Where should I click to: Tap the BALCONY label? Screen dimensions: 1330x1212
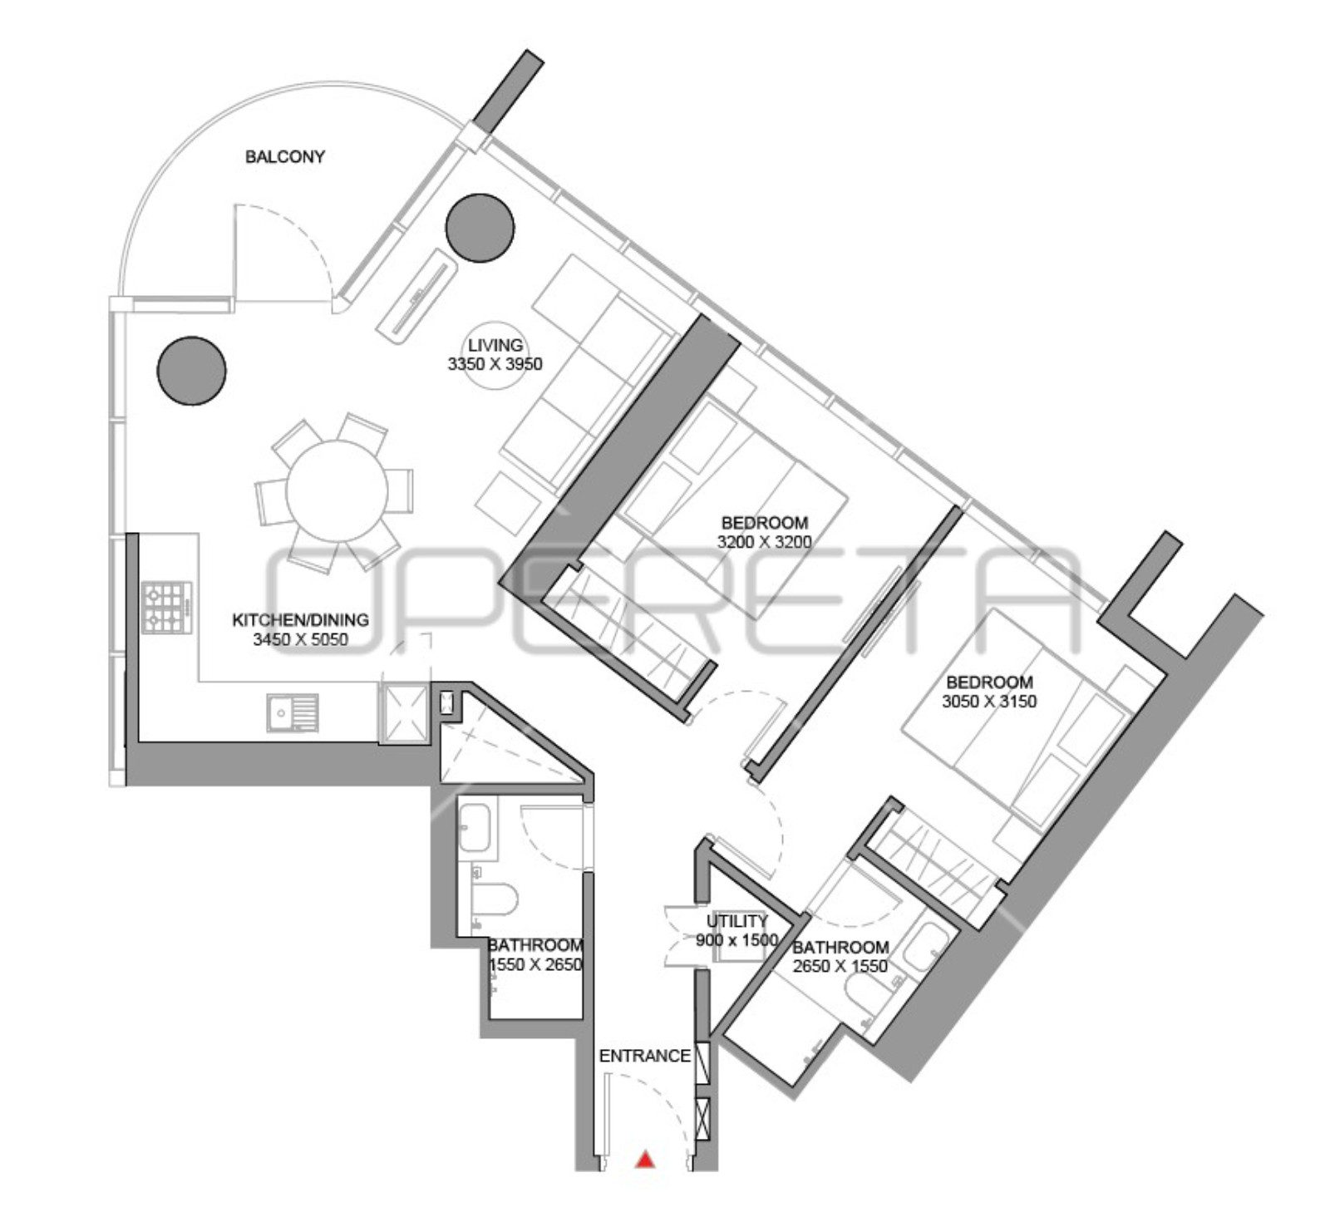click(x=285, y=156)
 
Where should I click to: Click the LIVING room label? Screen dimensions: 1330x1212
click(x=495, y=345)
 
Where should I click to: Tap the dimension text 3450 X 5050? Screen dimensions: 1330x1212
click(x=300, y=639)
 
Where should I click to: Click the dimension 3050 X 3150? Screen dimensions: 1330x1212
click(x=989, y=701)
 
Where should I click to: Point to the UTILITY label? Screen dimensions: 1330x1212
click(x=736, y=921)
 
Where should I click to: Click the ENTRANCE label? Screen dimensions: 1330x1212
click(x=645, y=1056)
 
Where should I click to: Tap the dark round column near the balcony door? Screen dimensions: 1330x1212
click(x=192, y=371)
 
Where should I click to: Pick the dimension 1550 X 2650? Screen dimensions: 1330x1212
click(x=534, y=965)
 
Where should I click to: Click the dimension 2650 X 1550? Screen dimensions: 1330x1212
click(x=840, y=966)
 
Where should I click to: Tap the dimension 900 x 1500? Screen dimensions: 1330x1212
click(x=736, y=940)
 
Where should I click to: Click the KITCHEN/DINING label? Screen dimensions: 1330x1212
click(x=300, y=620)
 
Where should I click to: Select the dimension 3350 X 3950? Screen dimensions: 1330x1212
click(x=495, y=363)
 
